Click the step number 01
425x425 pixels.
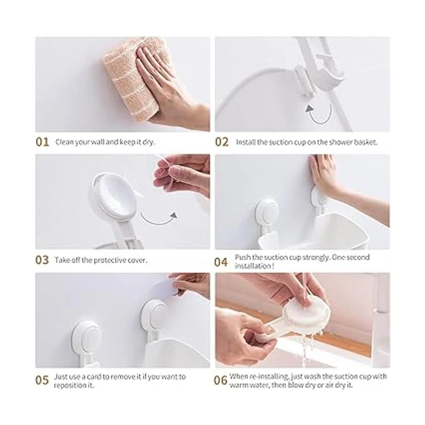point(42,142)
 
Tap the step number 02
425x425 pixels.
point(222,142)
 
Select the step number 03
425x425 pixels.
point(42,260)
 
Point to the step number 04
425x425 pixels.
point(221,262)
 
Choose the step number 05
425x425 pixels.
point(42,380)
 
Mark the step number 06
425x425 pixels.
point(221,380)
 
